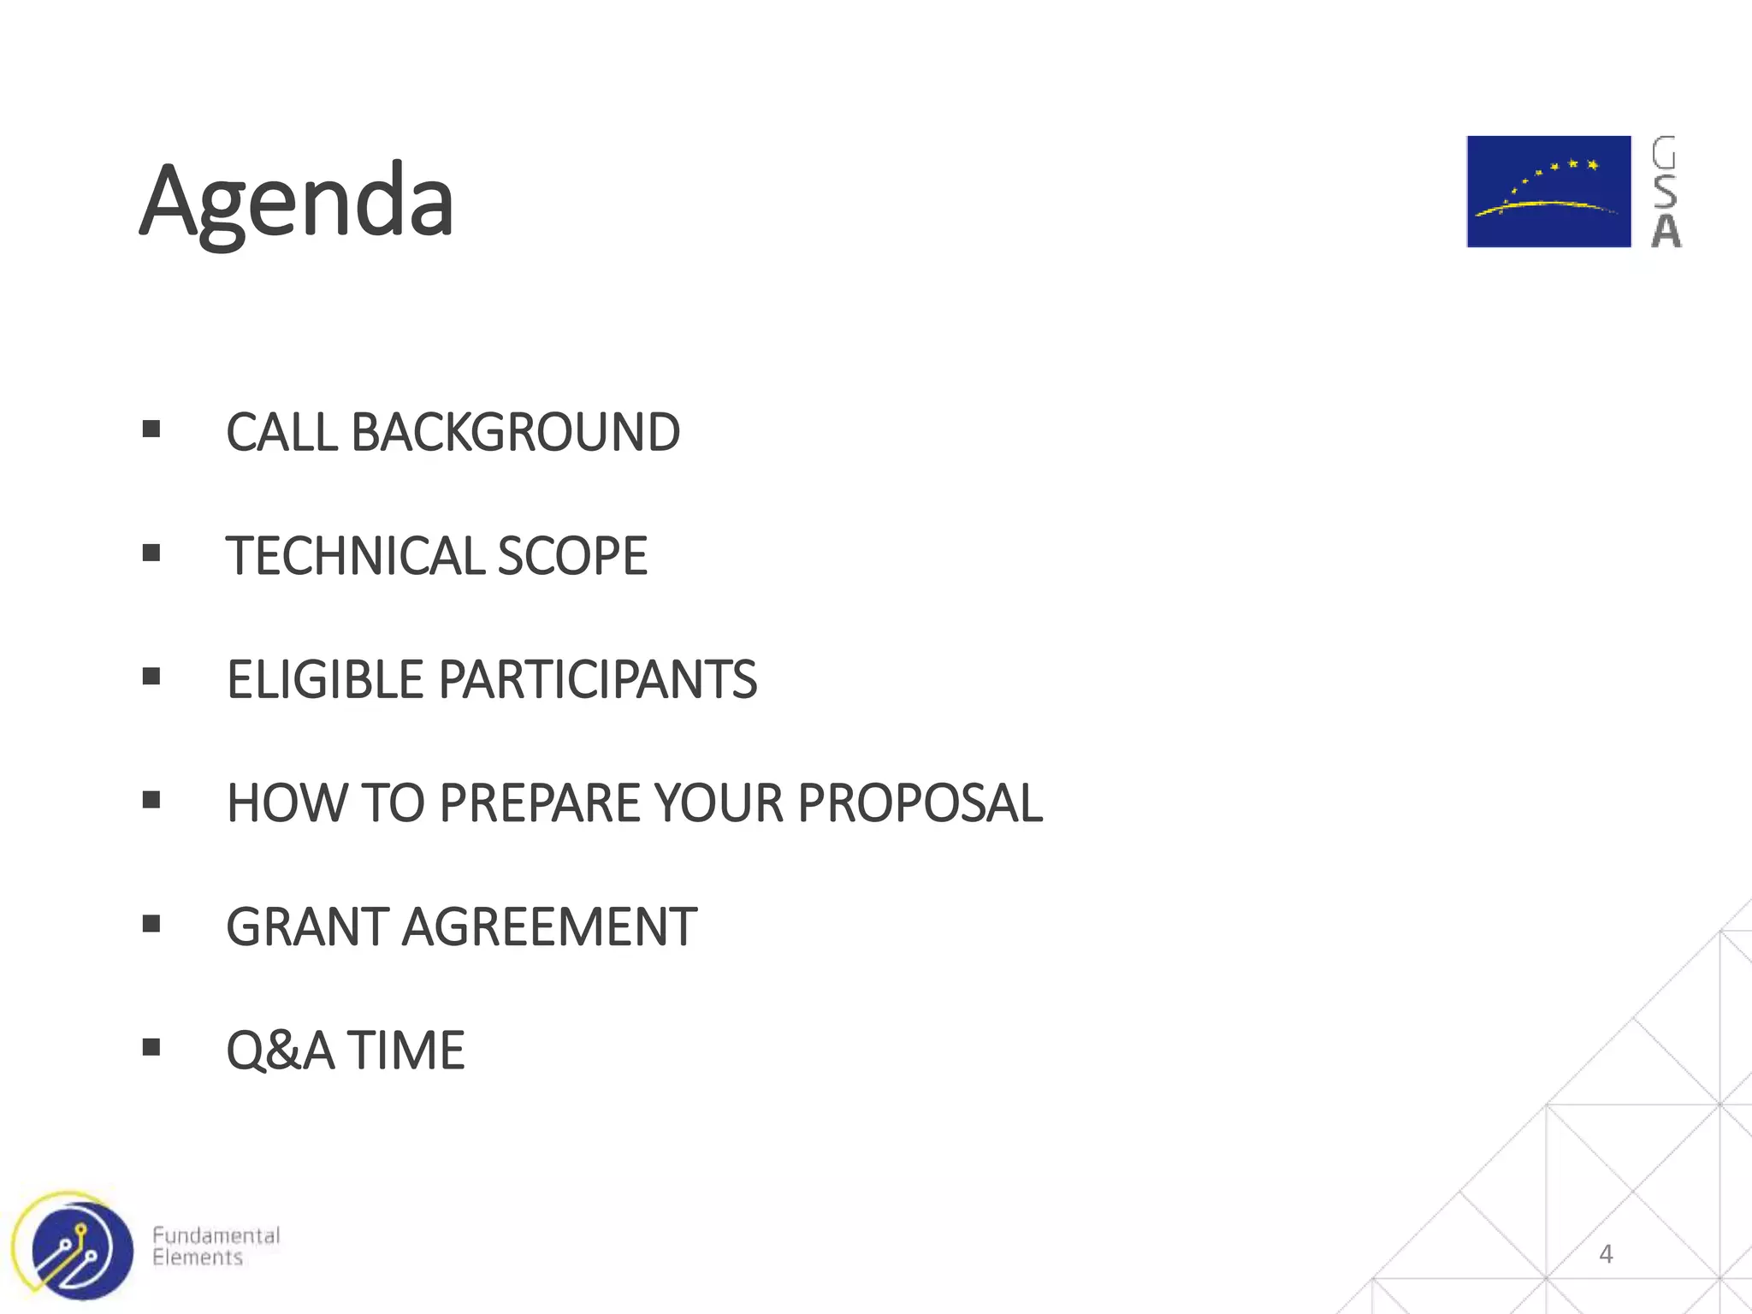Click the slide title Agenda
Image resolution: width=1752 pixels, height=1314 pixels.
pyautogui.click(x=296, y=202)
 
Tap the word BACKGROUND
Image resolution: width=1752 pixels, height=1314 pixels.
pyautogui.click(x=515, y=432)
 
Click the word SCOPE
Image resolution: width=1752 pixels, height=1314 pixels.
pyautogui.click(x=572, y=556)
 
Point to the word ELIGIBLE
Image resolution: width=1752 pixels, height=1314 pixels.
pyautogui.click(x=325, y=679)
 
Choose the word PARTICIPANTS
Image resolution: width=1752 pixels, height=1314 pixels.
pyautogui.click(x=597, y=679)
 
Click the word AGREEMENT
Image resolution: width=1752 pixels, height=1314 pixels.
pyautogui.click(x=549, y=926)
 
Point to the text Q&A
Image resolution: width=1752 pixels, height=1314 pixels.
pyautogui.click(x=280, y=1050)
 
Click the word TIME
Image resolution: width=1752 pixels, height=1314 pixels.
pyautogui.click(x=405, y=1050)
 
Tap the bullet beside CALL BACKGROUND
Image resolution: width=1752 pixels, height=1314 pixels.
pyautogui.click(x=151, y=429)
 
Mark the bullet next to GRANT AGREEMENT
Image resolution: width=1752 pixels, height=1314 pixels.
pyautogui.click(x=151, y=924)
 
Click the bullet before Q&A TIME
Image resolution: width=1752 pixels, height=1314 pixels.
pyautogui.click(x=151, y=1047)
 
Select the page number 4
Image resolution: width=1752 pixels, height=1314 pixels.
pyautogui.click(x=1606, y=1254)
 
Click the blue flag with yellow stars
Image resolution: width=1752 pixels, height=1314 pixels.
pyautogui.click(x=1548, y=192)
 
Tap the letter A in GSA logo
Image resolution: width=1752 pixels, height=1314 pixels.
pyautogui.click(x=1666, y=231)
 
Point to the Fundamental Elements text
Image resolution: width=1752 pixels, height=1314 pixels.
pyautogui.click(x=216, y=1246)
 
